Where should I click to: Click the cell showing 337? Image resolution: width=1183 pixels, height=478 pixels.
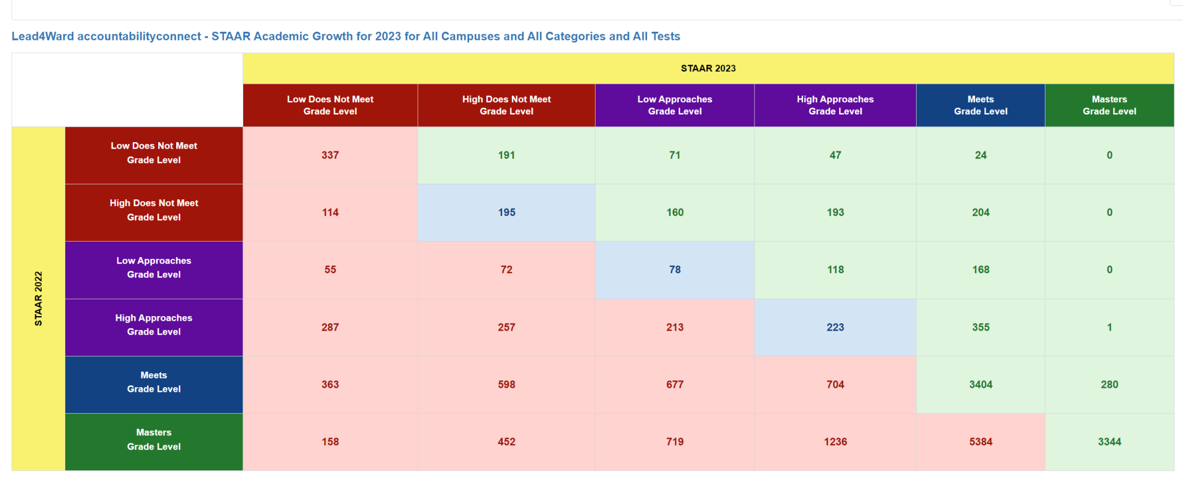(330, 155)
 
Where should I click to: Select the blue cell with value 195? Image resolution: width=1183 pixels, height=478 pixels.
(506, 212)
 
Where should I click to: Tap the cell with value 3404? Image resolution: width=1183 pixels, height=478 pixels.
(980, 384)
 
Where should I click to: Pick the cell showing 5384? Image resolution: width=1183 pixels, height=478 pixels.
(980, 442)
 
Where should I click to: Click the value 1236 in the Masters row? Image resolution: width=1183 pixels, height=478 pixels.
(835, 442)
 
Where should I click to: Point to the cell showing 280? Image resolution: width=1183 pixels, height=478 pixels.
(1109, 384)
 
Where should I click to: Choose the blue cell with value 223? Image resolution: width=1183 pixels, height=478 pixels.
(835, 327)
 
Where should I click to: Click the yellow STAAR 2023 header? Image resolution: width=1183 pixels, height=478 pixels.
(708, 68)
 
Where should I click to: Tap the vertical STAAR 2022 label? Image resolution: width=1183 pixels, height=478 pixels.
(38, 298)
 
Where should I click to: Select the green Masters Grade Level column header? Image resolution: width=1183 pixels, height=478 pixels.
(1109, 105)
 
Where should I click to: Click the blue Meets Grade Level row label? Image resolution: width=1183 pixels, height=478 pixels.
(154, 382)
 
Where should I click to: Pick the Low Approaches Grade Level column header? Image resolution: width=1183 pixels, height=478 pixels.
(674, 105)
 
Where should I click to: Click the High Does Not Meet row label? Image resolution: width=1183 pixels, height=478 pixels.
(154, 210)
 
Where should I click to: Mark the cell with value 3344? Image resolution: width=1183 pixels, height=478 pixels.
(1109, 442)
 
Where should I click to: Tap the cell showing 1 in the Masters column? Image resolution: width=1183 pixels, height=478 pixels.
(1109, 327)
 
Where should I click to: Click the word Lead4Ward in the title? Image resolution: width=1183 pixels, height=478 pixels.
(43, 36)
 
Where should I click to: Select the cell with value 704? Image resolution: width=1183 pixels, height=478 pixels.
(835, 384)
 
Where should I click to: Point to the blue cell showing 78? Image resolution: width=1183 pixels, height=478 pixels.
(674, 269)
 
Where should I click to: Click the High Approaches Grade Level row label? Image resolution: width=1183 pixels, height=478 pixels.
(154, 325)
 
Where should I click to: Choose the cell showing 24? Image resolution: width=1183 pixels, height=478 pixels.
(980, 155)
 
